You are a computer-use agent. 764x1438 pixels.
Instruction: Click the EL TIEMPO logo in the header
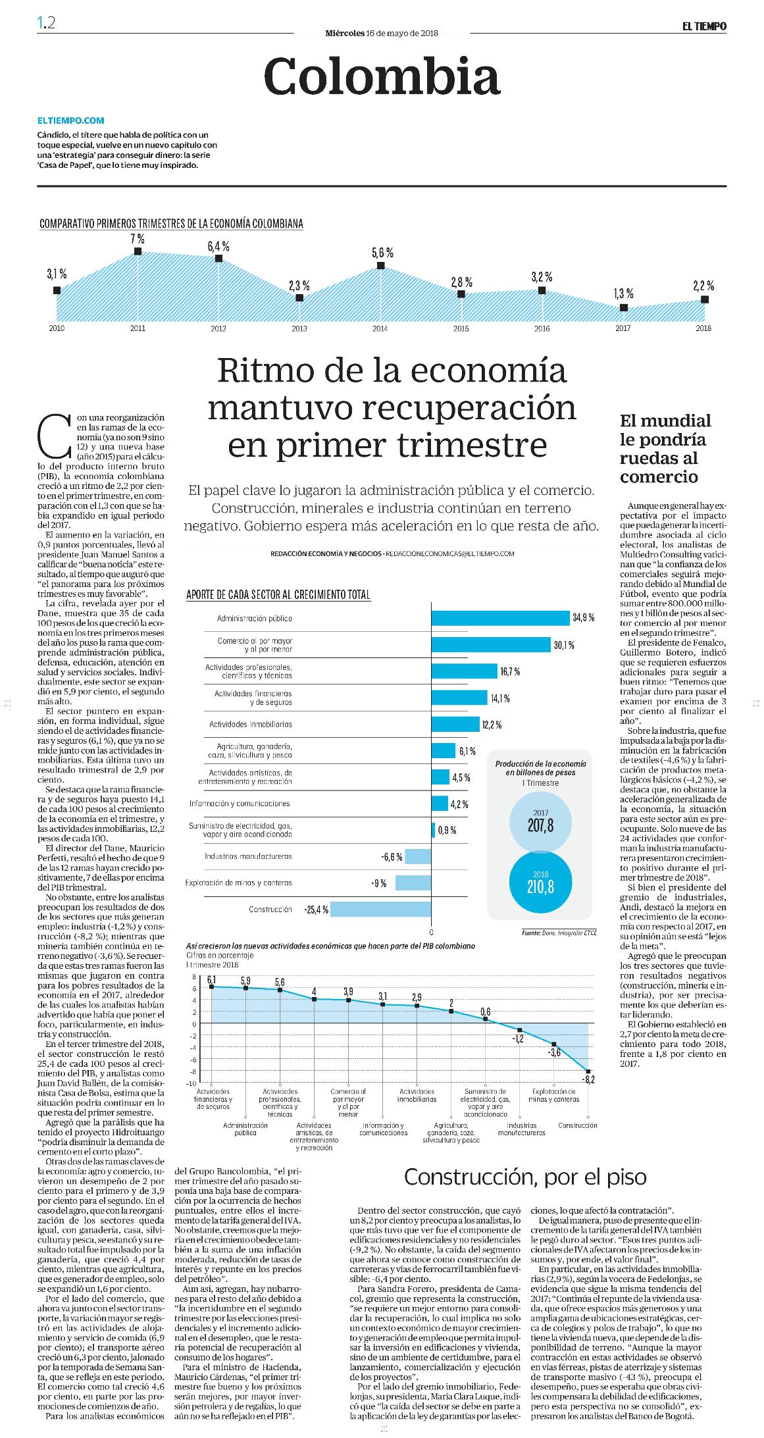(704, 26)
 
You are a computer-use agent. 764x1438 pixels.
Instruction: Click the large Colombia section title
(382, 76)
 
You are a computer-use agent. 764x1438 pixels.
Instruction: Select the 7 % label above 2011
(138, 239)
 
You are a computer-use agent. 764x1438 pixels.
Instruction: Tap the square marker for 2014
(380, 265)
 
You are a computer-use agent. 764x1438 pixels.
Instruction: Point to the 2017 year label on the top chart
(623, 328)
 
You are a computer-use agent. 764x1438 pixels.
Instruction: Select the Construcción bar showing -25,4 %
(380, 909)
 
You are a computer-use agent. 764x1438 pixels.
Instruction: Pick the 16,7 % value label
(510, 671)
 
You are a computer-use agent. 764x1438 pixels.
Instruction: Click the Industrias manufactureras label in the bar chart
(248, 856)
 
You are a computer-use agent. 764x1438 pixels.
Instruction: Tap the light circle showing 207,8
(541, 821)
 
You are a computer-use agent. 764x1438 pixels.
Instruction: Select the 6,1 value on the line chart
(212, 979)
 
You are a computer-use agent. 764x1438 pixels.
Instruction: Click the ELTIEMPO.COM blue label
(71, 121)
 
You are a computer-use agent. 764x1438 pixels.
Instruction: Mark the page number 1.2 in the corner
(47, 23)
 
